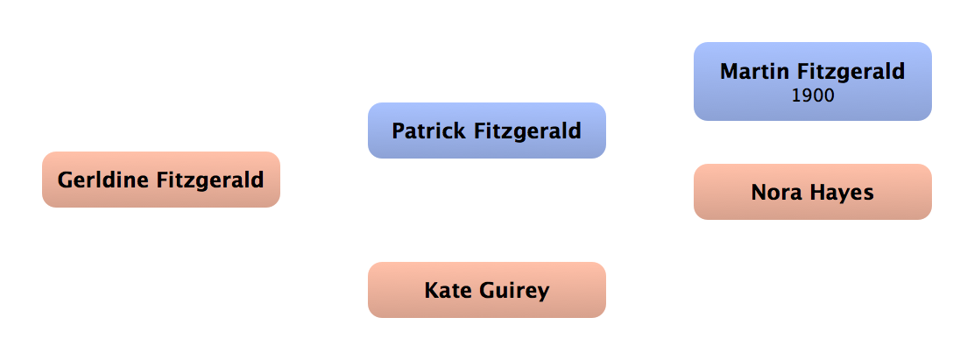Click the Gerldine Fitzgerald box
pos(161,180)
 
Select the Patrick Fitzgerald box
pos(487,131)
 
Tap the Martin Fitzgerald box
pos(813,81)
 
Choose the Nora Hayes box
pos(813,192)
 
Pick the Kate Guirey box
pos(487,290)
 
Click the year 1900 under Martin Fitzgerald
pos(813,96)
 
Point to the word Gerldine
pos(103,180)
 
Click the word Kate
pos(445,290)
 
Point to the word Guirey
pos(512,292)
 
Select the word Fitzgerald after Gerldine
pos(210,181)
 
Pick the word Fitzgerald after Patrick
pos(526,132)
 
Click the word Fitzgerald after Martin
pos(852,73)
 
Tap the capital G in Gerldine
pos(65,180)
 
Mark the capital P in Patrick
pos(399,131)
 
